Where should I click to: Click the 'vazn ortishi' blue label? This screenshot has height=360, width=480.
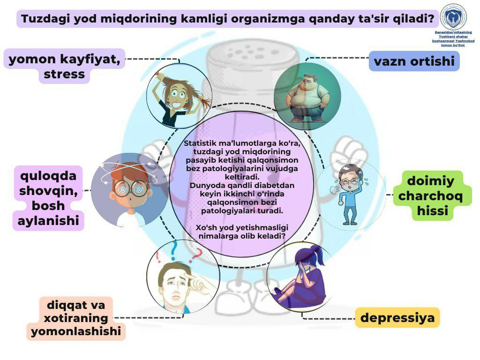414,61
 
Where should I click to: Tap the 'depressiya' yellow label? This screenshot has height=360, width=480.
397,318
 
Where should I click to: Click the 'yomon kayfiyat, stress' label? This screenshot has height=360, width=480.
65,66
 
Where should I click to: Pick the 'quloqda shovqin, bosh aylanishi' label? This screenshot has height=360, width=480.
48,198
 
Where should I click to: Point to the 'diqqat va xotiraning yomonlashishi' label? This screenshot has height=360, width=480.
76,318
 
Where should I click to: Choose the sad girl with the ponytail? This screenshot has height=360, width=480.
302,277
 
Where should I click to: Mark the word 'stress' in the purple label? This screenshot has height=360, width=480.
65,74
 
